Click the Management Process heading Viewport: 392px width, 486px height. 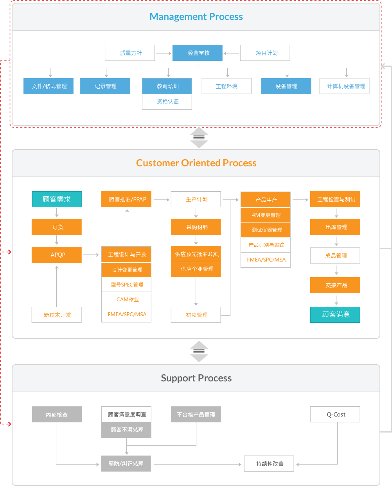tap(196, 17)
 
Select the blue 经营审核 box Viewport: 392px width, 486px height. tap(197, 53)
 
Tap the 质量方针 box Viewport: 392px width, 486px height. tap(130, 53)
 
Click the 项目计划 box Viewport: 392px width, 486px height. tap(265, 53)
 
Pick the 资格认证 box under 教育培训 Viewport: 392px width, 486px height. tap(167, 101)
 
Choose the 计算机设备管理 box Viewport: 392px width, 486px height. tap(345, 86)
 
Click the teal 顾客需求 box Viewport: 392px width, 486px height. tap(57, 199)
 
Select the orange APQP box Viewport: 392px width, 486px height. tap(57, 255)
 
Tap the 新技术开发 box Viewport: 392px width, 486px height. tap(57, 315)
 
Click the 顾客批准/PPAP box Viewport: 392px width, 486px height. tap(126, 199)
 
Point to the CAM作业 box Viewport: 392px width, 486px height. tap(126, 299)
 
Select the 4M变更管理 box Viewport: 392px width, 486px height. tap(266, 215)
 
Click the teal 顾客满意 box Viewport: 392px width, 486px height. tap(335, 315)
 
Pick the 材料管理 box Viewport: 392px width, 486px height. tap(196, 315)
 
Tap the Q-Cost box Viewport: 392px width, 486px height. tap(335, 415)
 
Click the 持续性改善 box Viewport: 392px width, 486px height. tap(269, 464)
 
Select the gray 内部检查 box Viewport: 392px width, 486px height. tap(57, 415)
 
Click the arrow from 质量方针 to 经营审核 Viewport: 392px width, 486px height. tap(164, 53)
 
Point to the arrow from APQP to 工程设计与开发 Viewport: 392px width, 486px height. tap(91, 255)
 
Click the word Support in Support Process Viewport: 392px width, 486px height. tap(178, 378)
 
